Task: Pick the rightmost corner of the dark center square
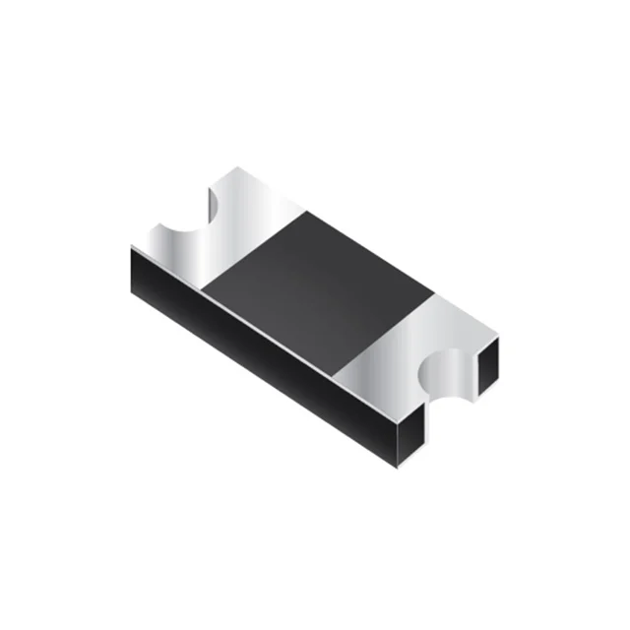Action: pos(433,290)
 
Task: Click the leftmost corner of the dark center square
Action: pos(202,285)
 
